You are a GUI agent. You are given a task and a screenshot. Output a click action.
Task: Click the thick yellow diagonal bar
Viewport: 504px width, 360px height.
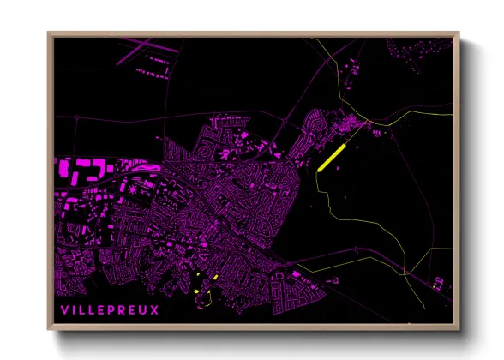[x=331, y=158]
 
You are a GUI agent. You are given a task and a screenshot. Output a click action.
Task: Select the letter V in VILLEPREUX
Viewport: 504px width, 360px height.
[x=63, y=310]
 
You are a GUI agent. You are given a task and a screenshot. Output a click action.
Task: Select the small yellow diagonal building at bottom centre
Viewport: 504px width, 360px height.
[x=216, y=278]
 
